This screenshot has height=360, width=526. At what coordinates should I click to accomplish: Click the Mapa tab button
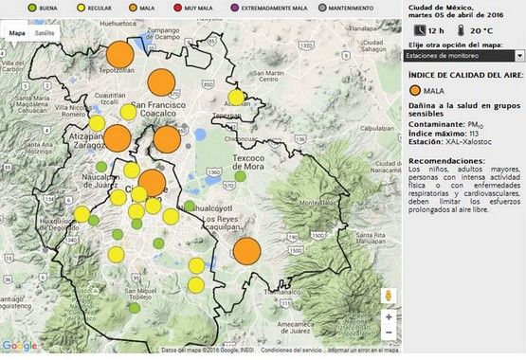pos(17,33)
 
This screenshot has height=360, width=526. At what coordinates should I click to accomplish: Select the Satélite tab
pos(44,33)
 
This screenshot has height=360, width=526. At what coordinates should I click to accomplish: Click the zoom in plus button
pos(389,316)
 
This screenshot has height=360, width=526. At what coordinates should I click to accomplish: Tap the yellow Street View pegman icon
pos(389,296)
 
